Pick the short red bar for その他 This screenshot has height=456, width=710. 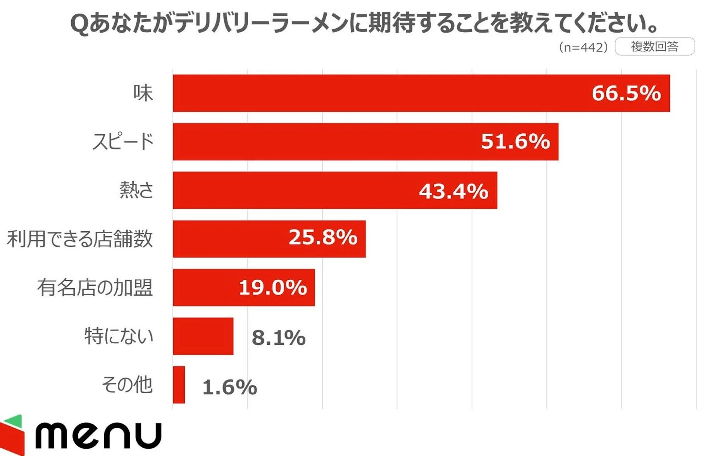tap(179, 385)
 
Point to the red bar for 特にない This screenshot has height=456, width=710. tap(203, 336)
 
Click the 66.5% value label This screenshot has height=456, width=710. tap(626, 93)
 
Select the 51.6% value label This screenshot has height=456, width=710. tap(515, 141)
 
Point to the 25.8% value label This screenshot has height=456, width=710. tap(322, 237)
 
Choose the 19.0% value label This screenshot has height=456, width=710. tap(273, 287)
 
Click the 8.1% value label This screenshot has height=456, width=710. tap(278, 337)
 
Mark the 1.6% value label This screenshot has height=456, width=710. tap(229, 387)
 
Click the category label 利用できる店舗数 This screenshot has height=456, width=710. tap(80, 239)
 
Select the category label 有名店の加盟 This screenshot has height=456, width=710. tap(95, 287)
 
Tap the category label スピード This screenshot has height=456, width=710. tap(123, 141)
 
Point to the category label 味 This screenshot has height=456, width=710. tap(143, 93)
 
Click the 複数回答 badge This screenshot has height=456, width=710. tap(655, 46)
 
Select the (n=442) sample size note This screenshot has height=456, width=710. tap(583, 47)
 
